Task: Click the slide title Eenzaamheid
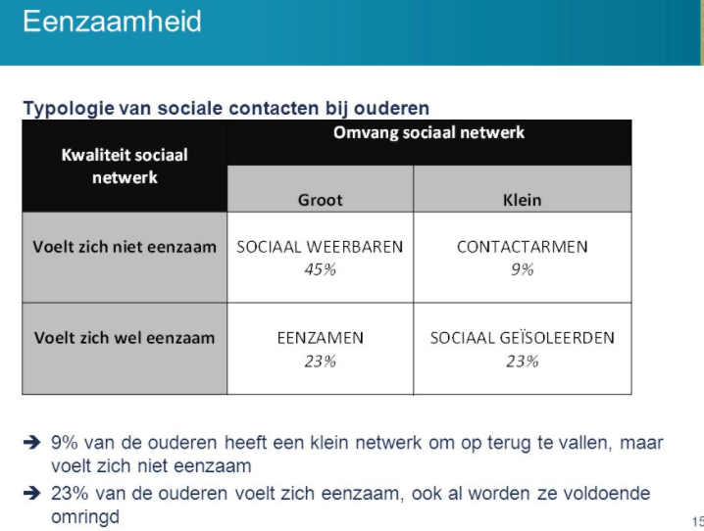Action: click(112, 22)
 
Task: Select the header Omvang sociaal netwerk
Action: click(428, 132)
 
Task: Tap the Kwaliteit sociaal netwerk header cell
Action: click(125, 166)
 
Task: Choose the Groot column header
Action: click(320, 200)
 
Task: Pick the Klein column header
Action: click(522, 200)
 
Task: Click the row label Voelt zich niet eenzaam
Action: click(125, 247)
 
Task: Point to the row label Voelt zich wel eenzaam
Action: click(125, 338)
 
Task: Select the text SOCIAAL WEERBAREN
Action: click(320, 247)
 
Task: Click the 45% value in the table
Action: click(320, 269)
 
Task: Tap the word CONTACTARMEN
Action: click(522, 247)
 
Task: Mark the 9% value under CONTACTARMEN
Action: click(522, 269)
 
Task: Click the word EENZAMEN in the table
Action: click(320, 338)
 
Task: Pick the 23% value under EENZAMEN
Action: click(320, 361)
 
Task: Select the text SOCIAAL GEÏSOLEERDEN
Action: click(522, 338)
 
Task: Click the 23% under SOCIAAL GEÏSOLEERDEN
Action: click(522, 361)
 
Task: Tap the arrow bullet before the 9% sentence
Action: click(32, 443)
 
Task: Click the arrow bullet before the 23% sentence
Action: click(32, 494)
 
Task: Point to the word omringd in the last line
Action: click(85, 516)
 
